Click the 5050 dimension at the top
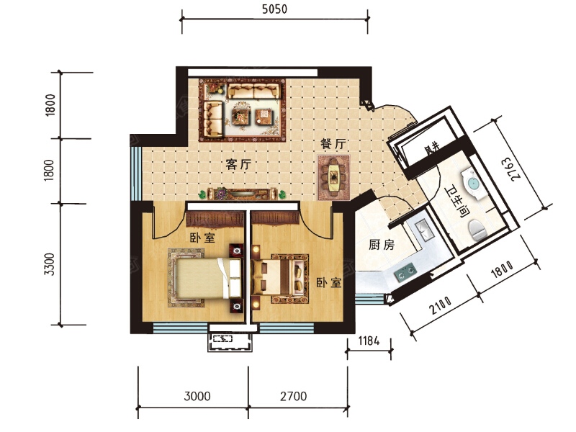(274, 9)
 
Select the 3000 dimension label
(197, 397)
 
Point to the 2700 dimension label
(294, 397)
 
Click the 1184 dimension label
(369, 341)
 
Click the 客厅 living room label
(238, 164)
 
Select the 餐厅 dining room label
(333, 143)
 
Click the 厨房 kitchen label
(382, 244)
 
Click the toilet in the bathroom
(478, 230)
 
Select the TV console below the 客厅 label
(241, 194)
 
